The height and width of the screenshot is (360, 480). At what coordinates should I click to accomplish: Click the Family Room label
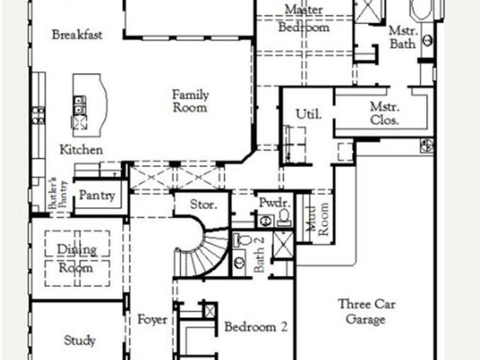190,101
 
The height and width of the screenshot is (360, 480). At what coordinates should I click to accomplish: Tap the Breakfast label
77,34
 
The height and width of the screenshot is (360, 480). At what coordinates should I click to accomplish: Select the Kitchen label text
81,150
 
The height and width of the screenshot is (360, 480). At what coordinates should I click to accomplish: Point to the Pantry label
97,195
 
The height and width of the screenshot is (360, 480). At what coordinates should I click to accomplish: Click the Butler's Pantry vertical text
58,193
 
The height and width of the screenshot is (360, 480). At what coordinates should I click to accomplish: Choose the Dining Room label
76,259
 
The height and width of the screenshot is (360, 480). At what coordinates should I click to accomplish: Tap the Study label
79,340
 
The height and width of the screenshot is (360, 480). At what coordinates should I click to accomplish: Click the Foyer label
152,319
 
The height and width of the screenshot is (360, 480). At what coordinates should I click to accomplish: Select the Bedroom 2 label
256,327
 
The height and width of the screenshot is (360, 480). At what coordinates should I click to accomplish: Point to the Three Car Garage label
367,312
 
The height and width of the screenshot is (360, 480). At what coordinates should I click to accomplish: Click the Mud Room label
317,219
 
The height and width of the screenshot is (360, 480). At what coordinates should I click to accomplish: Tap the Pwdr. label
274,202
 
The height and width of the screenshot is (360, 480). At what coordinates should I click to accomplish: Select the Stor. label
203,204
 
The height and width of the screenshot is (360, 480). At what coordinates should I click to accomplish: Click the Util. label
309,114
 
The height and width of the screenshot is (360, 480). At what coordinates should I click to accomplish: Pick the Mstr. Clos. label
385,113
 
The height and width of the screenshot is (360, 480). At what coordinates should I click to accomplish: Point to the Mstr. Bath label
403,37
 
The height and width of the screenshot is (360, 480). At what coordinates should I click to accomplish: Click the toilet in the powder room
284,217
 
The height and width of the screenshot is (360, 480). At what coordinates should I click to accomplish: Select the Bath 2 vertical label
259,254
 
